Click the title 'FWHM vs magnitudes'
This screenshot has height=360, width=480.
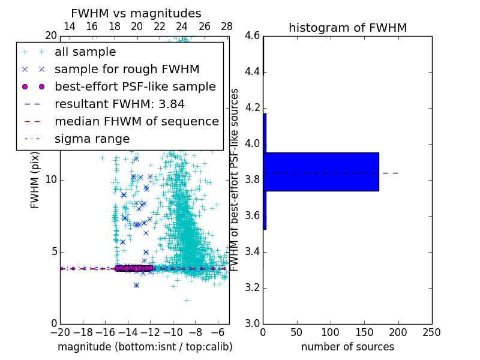[136, 13]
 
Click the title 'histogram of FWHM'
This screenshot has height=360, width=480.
[347, 28]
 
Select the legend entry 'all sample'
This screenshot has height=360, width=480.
[85, 52]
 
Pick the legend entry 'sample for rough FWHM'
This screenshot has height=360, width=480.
[127, 69]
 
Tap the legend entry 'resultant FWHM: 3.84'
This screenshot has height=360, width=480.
[119, 104]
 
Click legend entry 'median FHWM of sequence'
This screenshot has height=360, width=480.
[136, 121]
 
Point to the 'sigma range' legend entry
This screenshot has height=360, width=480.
[92, 139]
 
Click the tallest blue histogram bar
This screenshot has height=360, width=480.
[321, 172]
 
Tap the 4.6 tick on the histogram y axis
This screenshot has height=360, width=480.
[252, 36]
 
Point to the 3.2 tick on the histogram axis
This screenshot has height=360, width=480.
[252, 287]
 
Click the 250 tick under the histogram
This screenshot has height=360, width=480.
[431, 332]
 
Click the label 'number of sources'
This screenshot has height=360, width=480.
[347, 347]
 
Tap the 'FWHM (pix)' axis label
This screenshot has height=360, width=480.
[35, 179]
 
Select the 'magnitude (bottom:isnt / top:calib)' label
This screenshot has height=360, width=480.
[145, 347]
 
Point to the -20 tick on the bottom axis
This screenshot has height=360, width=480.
[60, 332]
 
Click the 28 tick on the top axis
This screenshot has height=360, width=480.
[227, 26]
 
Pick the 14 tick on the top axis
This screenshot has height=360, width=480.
[69, 26]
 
